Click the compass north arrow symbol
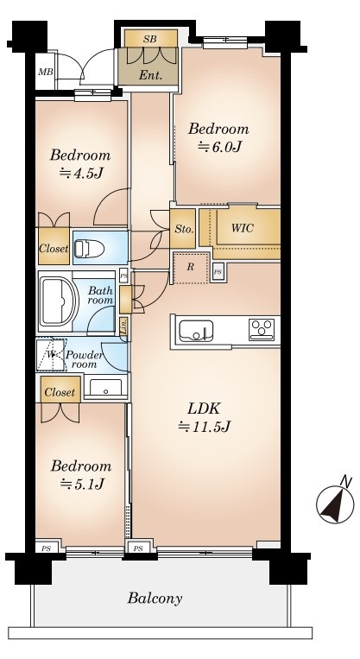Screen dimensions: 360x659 (335, 504)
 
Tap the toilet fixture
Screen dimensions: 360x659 (89, 249)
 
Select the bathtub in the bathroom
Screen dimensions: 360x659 (59, 301)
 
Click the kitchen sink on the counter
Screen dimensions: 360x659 (196, 331)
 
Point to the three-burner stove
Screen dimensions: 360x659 (262, 330)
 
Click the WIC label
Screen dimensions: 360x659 (243, 228)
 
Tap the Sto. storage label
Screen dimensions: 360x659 (184, 230)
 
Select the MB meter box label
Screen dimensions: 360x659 (46, 72)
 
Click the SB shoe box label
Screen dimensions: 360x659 (150, 40)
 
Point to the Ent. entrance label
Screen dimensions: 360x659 (151, 76)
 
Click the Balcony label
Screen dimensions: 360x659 (155, 598)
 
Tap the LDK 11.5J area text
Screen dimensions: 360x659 (205, 418)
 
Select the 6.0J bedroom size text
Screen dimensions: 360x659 (220, 147)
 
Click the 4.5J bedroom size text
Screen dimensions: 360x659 (81, 173)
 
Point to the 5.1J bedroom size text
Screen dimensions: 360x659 (81, 485)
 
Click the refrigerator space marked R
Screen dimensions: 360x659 (191, 268)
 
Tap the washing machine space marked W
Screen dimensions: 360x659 (51, 355)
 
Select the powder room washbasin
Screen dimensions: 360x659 (105, 388)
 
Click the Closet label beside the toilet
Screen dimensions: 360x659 (54, 249)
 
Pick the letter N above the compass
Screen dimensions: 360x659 (345, 482)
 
